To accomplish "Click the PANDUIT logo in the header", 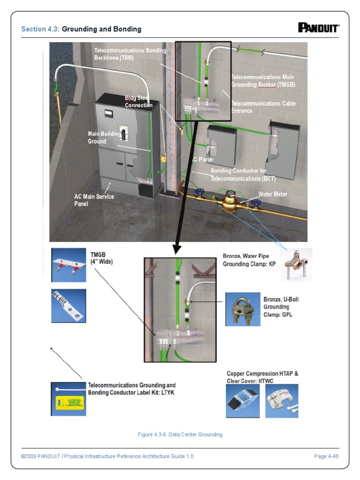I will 318,28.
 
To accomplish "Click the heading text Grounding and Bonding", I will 102,29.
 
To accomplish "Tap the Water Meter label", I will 273,194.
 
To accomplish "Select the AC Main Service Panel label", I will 94,200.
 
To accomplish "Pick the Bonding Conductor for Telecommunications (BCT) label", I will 243,175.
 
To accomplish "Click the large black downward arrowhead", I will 178,248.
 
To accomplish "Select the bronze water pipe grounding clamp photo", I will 296,264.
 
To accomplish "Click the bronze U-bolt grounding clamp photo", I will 242,309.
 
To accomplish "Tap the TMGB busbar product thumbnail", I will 68,265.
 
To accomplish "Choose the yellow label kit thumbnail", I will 68,399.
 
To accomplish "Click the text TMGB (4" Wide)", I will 101,258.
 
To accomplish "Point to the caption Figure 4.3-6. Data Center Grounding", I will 180,435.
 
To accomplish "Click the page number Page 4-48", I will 326,456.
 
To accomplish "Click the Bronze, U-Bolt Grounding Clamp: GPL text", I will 277,307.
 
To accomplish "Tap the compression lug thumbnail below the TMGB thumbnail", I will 68,306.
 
